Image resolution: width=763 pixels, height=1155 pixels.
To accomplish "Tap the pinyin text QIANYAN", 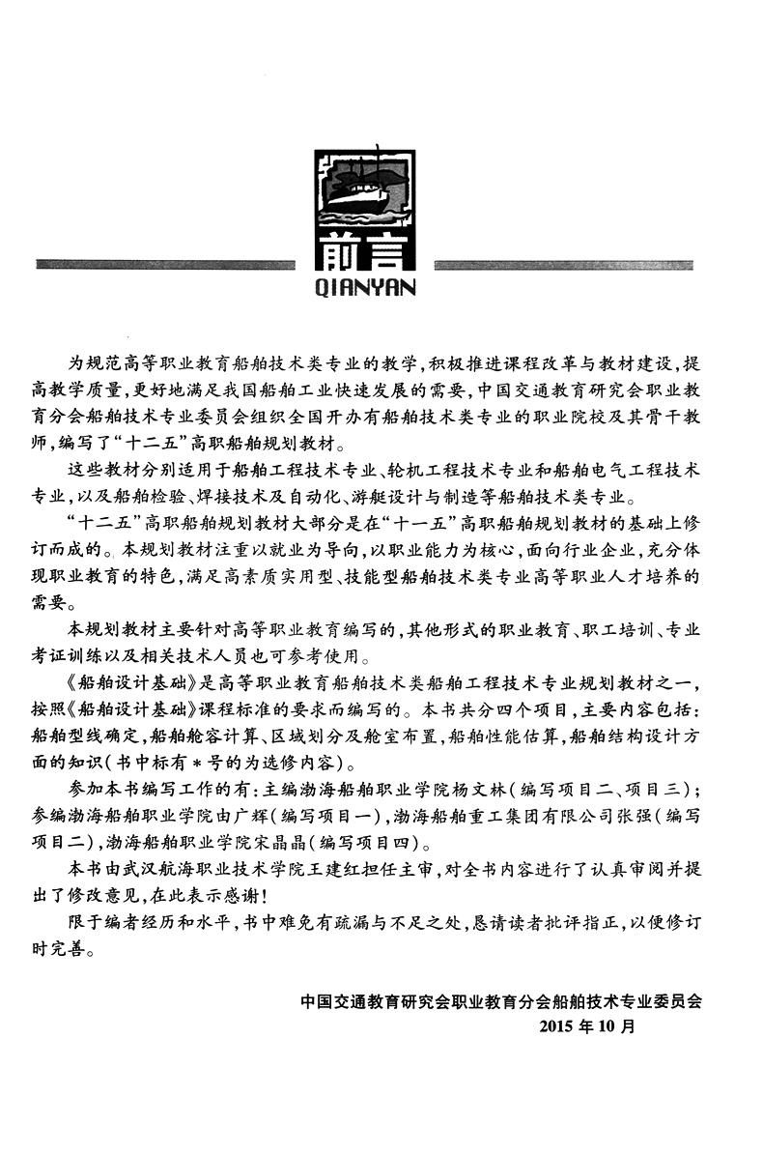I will [364, 285].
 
